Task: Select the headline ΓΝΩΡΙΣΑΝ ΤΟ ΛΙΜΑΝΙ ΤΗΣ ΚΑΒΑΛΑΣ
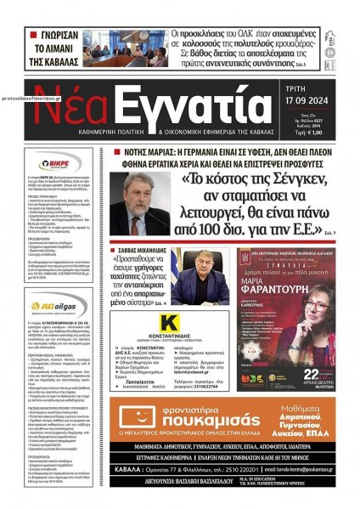coord(58,47)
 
